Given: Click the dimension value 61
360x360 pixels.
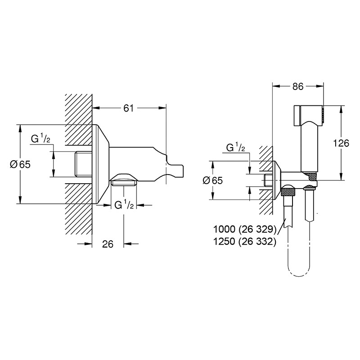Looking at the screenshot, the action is coord(128,108).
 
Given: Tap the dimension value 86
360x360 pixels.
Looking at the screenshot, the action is coord(298,86).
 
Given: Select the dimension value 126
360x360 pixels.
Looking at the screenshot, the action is coord(341,143).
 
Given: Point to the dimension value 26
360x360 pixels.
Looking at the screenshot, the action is coord(108,244).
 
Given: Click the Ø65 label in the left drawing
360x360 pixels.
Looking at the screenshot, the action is coord(20,164).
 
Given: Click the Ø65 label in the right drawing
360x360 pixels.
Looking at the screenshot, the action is coord(212,180).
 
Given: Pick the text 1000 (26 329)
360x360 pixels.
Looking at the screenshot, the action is coord(244,229).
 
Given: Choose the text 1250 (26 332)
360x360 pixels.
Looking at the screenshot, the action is coord(244,241).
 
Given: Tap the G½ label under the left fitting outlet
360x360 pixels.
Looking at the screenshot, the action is coord(124,205).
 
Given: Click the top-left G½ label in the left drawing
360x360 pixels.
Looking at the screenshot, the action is coord(40,139).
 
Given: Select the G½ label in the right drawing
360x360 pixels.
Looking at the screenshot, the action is coord(235,148).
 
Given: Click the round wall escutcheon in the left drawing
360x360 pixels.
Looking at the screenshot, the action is coord(100,164).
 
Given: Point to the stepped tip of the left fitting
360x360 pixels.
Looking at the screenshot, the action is coord(175,169).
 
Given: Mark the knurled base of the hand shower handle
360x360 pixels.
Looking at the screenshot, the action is coord(310,175).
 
